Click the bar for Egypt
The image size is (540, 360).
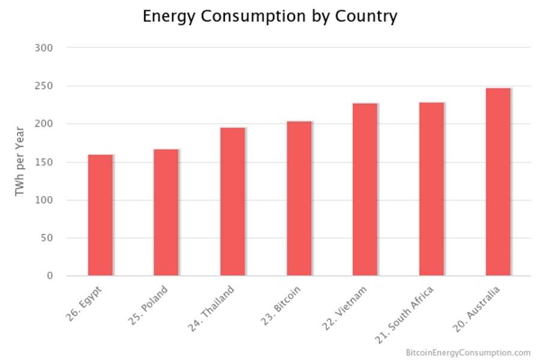(100, 215)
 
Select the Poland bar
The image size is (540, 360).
(166, 212)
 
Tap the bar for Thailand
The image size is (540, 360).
(233, 202)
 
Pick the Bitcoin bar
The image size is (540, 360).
(299, 199)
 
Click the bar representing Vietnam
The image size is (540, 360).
(365, 190)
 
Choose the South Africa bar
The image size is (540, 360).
(431, 189)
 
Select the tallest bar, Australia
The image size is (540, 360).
(498, 182)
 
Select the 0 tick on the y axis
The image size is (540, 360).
(50, 276)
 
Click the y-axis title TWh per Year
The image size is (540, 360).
(20, 161)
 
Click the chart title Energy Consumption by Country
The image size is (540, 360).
(270, 16)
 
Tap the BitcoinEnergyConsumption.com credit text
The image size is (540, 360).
(468, 352)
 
